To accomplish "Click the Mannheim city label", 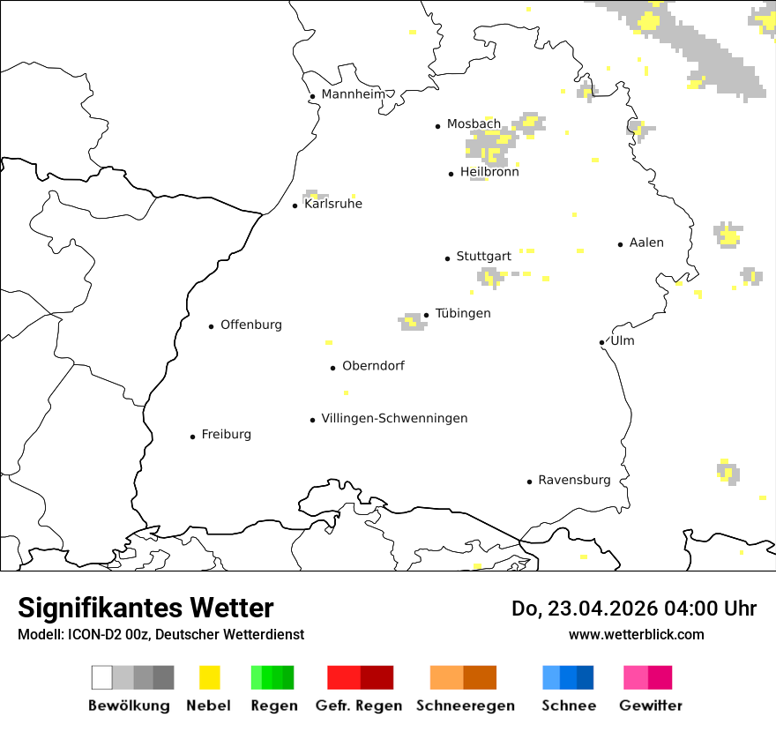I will [353, 94].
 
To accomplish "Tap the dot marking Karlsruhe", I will [295, 205].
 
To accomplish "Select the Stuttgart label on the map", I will [483, 257].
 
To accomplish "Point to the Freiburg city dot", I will [192, 437].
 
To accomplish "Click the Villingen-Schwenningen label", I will [394, 418].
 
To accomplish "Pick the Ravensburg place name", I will [574, 480].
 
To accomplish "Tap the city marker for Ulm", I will [601, 342].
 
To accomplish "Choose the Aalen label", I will [646, 243].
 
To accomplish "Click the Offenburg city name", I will [251, 325].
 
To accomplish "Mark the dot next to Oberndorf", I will [332, 368].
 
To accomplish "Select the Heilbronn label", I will [489, 172].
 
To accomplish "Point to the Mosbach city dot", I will [437, 126].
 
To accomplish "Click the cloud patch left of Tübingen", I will [412, 321].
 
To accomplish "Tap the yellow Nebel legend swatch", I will [209, 677].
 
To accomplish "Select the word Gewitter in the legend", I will [651, 706].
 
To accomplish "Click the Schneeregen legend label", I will [465, 706].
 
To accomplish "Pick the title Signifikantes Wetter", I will [145, 608].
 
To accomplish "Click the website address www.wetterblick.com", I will [636, 634].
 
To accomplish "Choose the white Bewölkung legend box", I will [102, 677].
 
